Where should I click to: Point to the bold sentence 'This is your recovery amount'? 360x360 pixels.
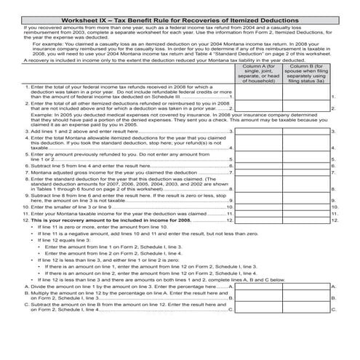[109, 238]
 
